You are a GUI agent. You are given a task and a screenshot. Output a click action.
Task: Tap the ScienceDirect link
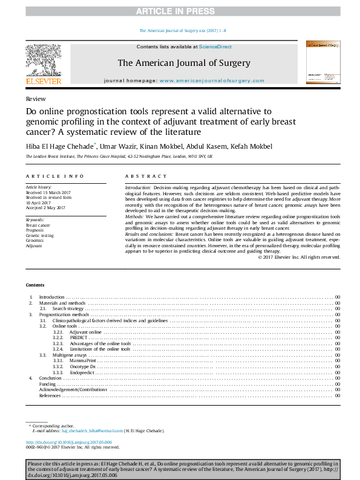point(215,47)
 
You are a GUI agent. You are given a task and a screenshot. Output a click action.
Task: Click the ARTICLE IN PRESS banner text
point(180,11)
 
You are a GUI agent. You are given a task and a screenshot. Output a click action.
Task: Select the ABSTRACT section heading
point(146,176)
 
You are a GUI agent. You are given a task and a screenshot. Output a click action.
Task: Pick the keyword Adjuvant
point(34,246)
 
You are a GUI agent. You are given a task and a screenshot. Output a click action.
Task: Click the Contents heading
point(35,285)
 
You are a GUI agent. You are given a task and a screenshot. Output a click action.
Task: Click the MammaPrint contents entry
point(83,360)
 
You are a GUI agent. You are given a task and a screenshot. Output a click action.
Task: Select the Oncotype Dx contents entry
point(83,366)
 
